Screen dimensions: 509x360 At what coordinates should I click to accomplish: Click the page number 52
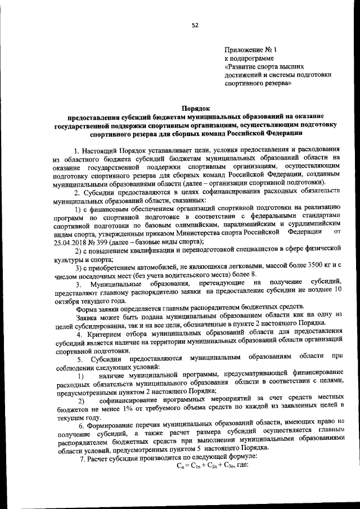tap(195, 25)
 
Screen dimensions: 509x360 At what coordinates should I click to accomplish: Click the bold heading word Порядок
tap(195, 108)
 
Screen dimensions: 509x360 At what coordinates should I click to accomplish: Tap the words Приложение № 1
tap(246, 50)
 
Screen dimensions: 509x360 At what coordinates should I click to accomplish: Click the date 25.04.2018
tap(69, 241)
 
